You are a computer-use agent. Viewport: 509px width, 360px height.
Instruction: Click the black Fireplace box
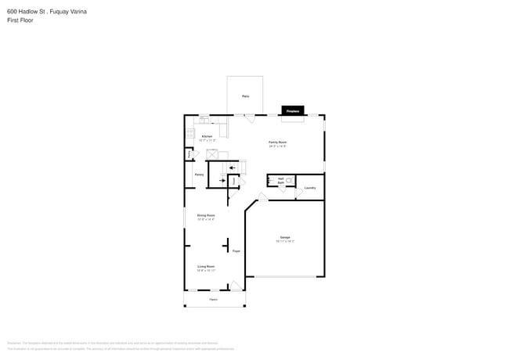click(293, 111)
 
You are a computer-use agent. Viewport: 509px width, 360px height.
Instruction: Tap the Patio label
click(245, 96)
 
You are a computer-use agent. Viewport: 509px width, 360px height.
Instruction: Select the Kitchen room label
click(207, 137)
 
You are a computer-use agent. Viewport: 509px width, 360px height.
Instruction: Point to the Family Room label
click(277, 143)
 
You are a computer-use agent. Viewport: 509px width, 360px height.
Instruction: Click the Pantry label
click(199, 175)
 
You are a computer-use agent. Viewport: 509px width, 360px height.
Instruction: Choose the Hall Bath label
click(280, 180)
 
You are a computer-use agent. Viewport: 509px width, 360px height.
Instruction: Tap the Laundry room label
click(310, 188)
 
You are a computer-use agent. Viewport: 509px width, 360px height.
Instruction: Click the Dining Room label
click(206, 216)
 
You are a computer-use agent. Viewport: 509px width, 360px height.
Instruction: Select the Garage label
click(285, 239)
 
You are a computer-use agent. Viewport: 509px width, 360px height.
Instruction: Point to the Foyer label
click(235, 250)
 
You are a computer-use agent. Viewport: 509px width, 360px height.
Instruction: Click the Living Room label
click(206, 268)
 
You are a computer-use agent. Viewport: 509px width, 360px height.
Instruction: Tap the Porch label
click(213, 299)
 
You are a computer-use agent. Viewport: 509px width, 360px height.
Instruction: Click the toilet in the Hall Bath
click(289, 180)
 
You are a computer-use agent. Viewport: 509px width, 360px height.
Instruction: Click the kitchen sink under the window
click(205, 121)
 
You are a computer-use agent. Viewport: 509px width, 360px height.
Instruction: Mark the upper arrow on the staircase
click(232, 167)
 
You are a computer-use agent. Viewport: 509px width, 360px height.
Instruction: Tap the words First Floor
click(20, 20)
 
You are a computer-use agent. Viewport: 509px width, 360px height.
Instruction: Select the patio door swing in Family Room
click(249, 119)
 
